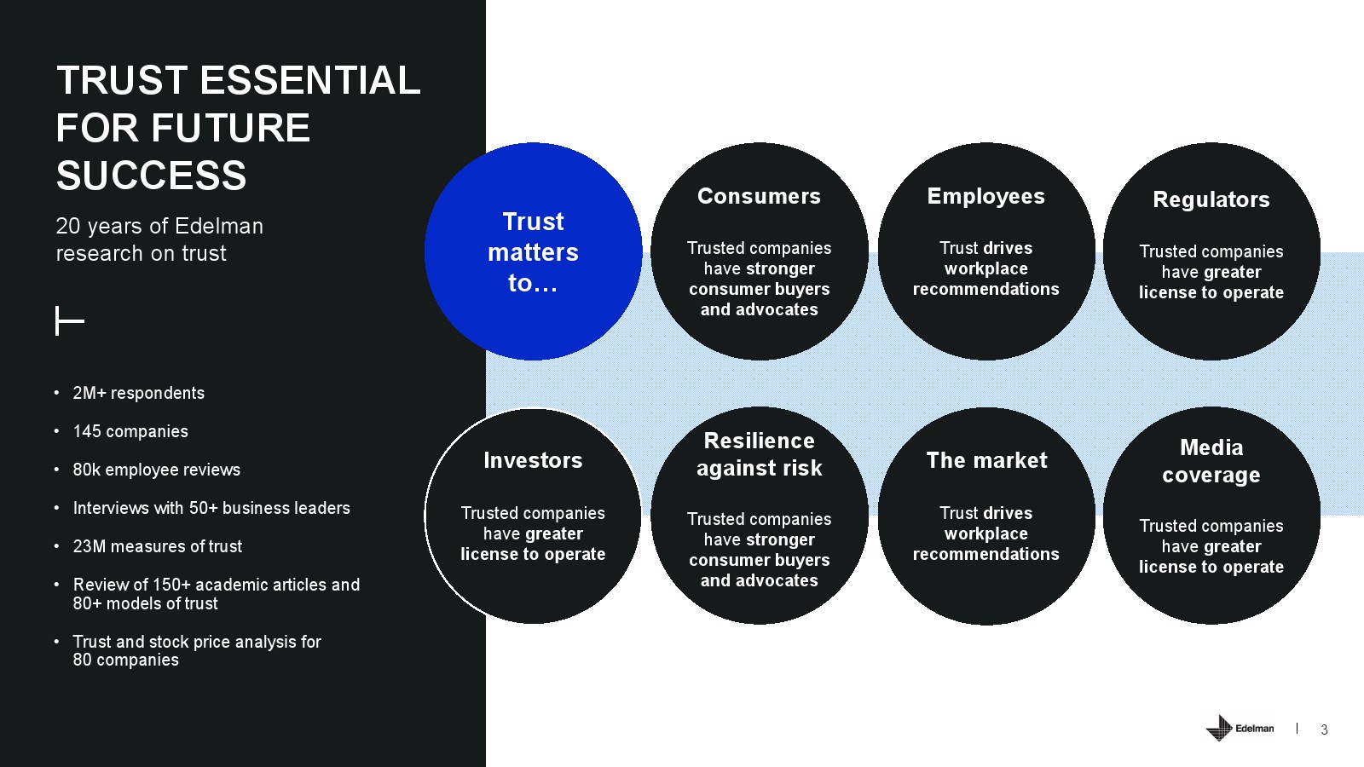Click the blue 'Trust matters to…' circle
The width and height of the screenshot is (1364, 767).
533,251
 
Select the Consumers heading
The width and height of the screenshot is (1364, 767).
759,196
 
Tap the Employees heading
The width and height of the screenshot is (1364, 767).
985,196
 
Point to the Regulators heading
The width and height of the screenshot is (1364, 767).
1211,199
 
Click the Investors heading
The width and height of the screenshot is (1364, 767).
533,460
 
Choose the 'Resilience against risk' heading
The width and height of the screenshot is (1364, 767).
759,454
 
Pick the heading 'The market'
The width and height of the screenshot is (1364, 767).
986,460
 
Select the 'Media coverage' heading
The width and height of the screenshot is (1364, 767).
1211,461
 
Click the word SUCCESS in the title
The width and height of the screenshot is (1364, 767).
151,176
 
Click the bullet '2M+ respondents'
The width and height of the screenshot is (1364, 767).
138,393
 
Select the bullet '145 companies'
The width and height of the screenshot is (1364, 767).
130,431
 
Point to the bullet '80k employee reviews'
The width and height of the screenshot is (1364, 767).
156,470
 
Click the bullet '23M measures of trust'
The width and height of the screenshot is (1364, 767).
157,546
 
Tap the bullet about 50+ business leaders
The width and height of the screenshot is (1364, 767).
211,508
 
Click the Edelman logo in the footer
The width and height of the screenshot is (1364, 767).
1240,728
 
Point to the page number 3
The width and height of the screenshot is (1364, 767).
1324,730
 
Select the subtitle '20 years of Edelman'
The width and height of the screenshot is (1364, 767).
159,226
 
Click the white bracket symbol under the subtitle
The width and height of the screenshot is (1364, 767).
69,321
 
